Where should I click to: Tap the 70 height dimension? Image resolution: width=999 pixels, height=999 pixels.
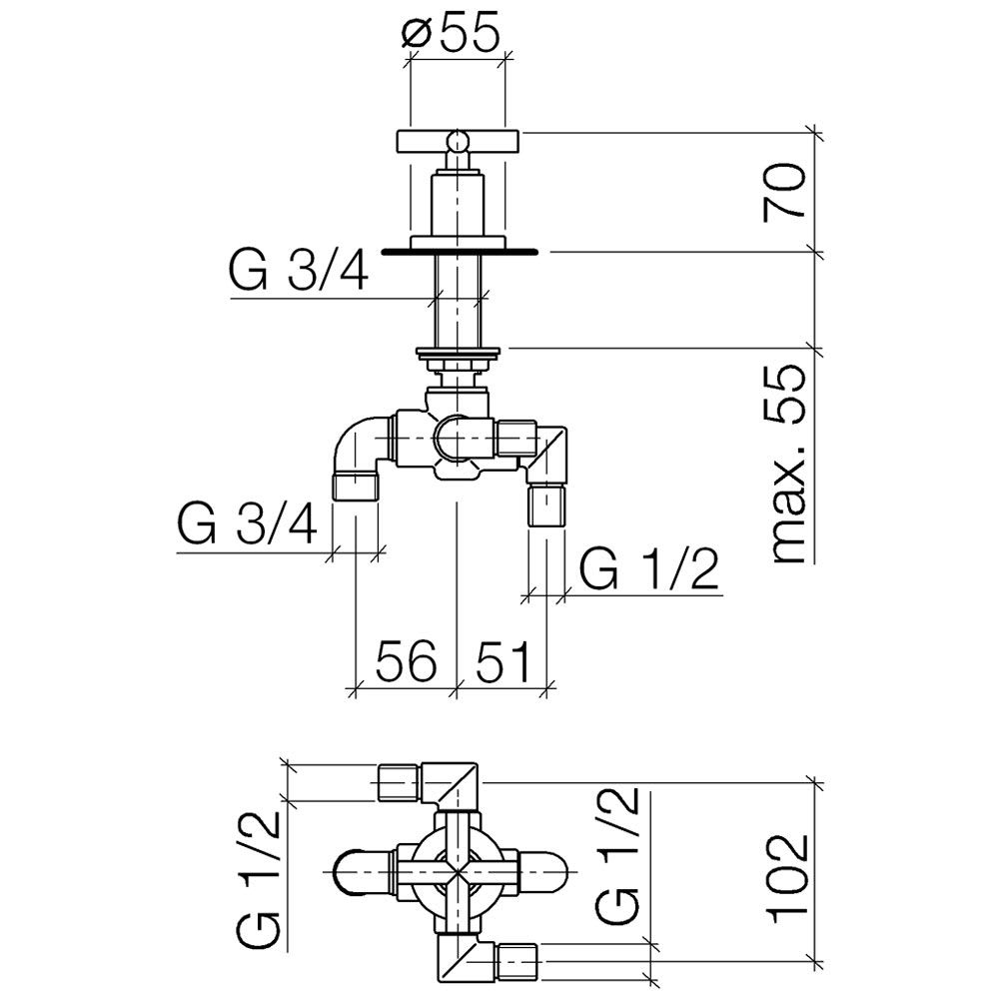pyautogui.click(x=784, y=192)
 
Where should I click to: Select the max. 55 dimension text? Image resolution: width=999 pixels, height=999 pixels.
pyautogui.click(x=788, y=464)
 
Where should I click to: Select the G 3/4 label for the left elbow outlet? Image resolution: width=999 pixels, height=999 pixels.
pyautogui.click(x=247, y=523)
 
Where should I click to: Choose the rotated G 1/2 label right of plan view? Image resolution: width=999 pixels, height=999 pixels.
pyautogui.click(x=616, y=856)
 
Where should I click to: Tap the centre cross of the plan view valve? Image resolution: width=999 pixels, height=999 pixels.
pyautogui.click(x=458, y=871)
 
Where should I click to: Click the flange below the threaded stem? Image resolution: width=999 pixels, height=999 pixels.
pyautogui.click(x=458, y=351)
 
